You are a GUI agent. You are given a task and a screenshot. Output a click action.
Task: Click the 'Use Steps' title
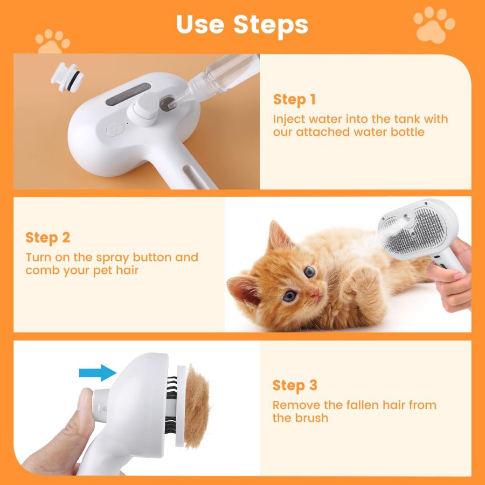click(242, 24)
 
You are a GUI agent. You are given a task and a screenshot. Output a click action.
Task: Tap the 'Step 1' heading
click(294, 100)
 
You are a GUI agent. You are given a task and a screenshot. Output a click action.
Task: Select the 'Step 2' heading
click(48, 238)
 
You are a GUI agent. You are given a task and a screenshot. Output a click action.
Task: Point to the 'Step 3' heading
click(295, 385)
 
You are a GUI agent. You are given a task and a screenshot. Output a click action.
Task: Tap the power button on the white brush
click(114, 129)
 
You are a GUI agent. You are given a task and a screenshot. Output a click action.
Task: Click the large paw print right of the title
click(434, 24)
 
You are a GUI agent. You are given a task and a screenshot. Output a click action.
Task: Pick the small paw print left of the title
click(52, 41)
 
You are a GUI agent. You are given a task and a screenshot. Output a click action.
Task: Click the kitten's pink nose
click(314, 293)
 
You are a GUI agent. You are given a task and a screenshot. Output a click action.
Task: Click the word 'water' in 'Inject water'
click(327, 119)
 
